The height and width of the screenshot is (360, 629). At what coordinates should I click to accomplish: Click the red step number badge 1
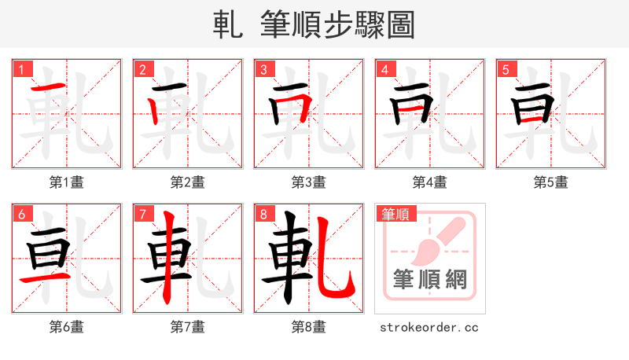pyautogui.click(x=21, y=69)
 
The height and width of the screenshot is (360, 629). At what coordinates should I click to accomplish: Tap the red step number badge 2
pyautogui.click(x=142, y=69)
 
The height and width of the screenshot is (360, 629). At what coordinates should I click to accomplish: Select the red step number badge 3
pyautogui.click(x=263, y=69)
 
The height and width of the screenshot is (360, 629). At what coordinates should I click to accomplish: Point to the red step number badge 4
pyautogui.click(x=384, y=69)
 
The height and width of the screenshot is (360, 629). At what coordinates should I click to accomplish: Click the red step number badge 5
pyautogui.click(x=506, y=69)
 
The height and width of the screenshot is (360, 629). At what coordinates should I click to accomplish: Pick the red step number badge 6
pyautogui.click(x=21, y=214)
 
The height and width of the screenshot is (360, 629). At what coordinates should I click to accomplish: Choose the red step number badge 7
pyautogui.click(x=142, y=214)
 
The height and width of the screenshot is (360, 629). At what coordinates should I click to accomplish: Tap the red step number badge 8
pyautogui.click(x=263, y=214)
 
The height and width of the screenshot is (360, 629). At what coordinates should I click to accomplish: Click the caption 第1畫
pyautogui.click(x=67, y=182)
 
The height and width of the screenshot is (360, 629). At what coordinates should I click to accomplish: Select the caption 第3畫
pyautogui.click(x=309, y=182)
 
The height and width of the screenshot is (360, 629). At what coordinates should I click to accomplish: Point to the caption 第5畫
pyautogui.click(x=551, y=182)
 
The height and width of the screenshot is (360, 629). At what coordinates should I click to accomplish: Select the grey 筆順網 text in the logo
pyautogui.click(x=429, y=280)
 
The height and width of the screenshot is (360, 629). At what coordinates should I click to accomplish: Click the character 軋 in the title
pyautogui.click(x=228, y=24)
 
